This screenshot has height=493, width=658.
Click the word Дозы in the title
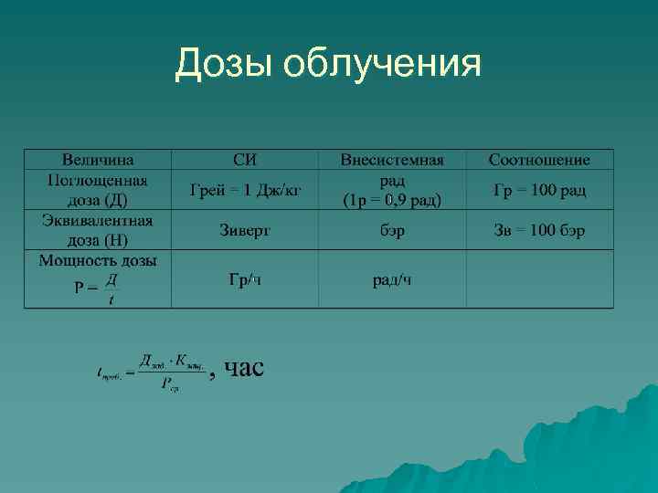pos(224,64)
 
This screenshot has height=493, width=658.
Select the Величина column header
pos(98,160)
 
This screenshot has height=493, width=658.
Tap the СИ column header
pos(245,160)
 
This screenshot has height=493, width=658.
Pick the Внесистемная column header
pos(392,160)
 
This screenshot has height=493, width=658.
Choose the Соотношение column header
pos(539,160)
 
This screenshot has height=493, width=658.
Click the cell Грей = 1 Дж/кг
pos(245,190)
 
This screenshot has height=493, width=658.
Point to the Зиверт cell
pos(245,231)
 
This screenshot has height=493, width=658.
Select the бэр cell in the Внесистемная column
pos(392,231)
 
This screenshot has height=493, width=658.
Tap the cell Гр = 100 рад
pos(539,190)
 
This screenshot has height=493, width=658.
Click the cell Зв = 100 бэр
pos(539,231)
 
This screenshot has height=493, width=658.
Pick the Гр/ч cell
pos(245,278)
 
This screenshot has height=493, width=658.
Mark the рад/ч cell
pos(392,278)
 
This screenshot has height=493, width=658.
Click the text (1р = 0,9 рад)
pos(392,200)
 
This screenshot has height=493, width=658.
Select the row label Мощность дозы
pos(98,260)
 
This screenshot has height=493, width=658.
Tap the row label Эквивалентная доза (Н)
pos(98,230)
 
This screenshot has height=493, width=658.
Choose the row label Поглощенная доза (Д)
pos(98,190)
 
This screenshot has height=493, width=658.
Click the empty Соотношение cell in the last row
pos(539,279)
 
